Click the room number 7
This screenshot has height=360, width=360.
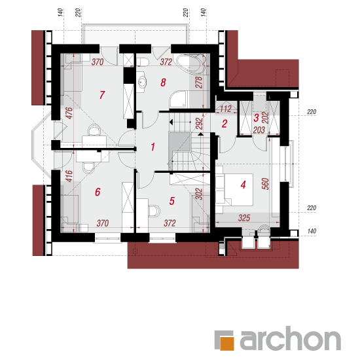[x=102, y=95]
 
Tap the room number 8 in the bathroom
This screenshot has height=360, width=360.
[x=163, y=82]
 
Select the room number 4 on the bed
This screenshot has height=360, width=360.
[x=243, y=185]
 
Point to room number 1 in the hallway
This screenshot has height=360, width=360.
[x=153, y=147]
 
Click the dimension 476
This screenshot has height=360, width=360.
[x=69, y=113]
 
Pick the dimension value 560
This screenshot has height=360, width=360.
[x=265, y=184]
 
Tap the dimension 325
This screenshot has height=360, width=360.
[x=244, y=218]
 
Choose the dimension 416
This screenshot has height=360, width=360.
[x=69, y=176]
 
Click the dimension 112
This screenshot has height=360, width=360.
[x=226, y=109]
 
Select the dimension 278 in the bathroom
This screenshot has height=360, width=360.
[x=199, y=82]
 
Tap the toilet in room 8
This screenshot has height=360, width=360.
[x=143, y=62]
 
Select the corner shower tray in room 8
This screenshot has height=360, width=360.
[x=179, y=99]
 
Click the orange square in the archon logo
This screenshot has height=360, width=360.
[x=227, y=344]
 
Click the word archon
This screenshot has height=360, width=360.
[x=291, y=338]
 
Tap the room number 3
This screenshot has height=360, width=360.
[x=256, y=118]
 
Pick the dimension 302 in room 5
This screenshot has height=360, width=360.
[x=199, y=194]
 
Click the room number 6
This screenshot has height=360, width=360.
[x=98, y=192]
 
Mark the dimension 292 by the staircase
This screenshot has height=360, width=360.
[x=199, y=124]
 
